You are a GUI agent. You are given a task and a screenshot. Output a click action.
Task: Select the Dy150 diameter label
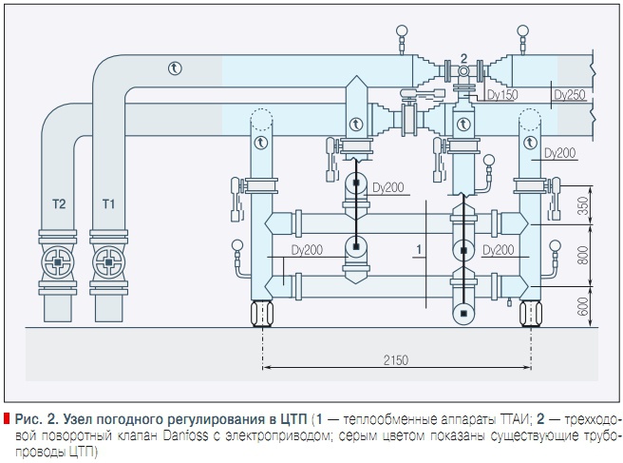click(x=501, y=95)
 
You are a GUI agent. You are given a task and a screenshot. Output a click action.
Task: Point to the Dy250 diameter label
click(x=568, y=95)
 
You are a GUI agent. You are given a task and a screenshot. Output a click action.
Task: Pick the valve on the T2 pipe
click(x=60, y=261)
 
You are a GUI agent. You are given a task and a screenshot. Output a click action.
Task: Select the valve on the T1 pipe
click(x=107, y=261)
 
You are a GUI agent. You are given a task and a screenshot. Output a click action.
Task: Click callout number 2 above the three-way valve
click(x=463, y=59)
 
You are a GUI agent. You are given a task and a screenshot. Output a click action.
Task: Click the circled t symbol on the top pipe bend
click(x=174, y=67)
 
